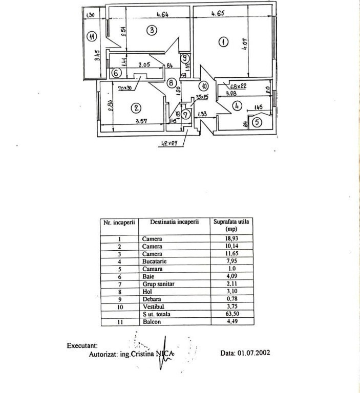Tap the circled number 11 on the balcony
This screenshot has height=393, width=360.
(x=92, y=36)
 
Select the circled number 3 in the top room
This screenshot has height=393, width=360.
(x=152, y=30)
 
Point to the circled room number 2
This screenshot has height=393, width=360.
(x=136, y=107)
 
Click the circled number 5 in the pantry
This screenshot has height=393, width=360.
(x=257, y=122)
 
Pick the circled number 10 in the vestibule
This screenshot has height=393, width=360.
(x=203, y=86)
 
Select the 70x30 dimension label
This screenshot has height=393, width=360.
(x=124, y=88)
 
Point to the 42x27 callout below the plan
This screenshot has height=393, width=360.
(x=167, y=143)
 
